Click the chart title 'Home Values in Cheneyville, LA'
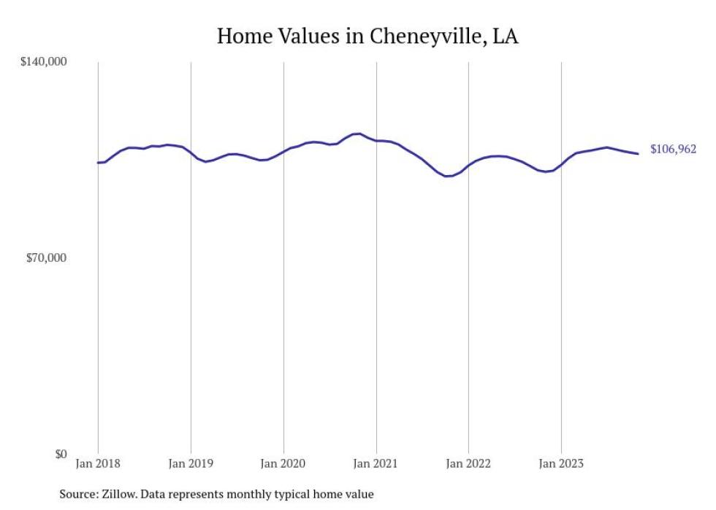[367, 36]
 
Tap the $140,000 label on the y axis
[42, 62]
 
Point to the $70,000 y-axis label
[45, 258]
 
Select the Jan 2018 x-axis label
[98, 464]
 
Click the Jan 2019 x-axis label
[191, 464]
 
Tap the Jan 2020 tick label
[283, 464]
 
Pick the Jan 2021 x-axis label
[376, 464]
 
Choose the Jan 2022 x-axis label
[468, 464]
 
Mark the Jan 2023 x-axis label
[561, 464]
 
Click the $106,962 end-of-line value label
[673, 150]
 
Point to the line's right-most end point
[639, 153]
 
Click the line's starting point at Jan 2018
[98, 163]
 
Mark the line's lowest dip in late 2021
[448, 176]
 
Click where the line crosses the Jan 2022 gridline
[468, 165]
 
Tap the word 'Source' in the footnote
[77, 494]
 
